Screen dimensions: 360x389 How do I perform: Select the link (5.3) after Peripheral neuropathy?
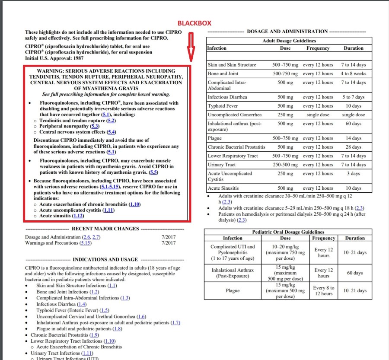(x=95, y=126)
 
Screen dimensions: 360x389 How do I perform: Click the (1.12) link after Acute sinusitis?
(x=78, y=216)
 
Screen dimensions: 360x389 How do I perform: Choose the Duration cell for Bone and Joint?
(x=353, y=73)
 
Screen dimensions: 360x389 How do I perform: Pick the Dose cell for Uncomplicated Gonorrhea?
(x=285, y=115)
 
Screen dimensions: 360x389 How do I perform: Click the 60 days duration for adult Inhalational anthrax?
(x=353, y=124)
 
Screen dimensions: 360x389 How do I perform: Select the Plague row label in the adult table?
(x=215, y=138)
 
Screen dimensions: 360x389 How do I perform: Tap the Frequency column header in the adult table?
(x=318, y=48)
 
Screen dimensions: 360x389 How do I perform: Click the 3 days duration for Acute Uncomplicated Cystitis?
(x=353, y=174)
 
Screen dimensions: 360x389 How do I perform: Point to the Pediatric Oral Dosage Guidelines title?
(x=288, y=232)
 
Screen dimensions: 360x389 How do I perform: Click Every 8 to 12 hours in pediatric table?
(x=323, y=290)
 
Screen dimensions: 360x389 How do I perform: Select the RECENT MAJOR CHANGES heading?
(x=105, y=229)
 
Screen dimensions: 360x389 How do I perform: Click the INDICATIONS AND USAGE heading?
(x=105, y=259)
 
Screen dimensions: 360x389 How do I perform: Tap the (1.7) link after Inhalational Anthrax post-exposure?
(x=175, y=323)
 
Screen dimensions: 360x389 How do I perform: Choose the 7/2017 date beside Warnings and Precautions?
(x=169, y=243)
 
